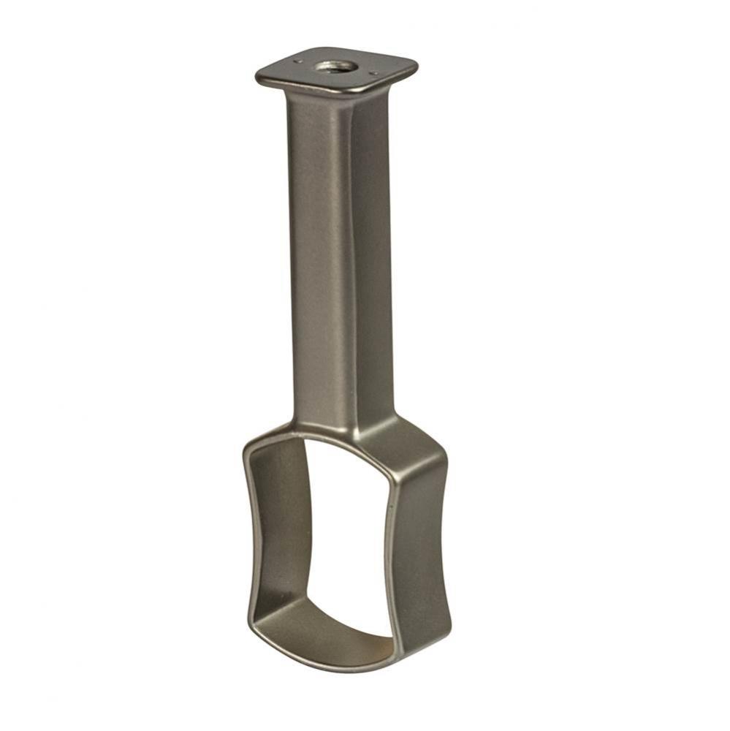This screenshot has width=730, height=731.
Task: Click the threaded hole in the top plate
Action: tap(336, 67)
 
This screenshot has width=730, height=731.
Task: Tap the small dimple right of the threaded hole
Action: tap(375, 73)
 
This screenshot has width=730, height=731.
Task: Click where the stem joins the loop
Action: tap(343, 428)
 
